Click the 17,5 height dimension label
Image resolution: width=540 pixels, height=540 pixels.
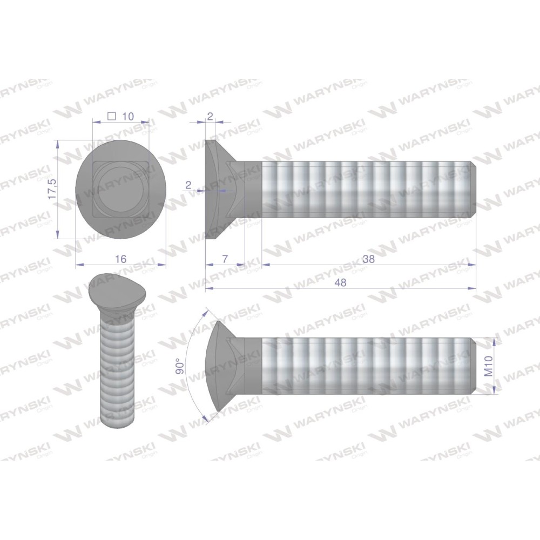(x=52, y=189)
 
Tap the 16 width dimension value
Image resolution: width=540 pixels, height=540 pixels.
(x=121, y=259)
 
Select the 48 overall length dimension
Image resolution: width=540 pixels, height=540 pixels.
(x=340, y=282)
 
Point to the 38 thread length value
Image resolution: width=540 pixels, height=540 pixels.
(x=368, y=259)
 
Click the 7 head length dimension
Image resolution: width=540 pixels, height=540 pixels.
(x=225, y=259)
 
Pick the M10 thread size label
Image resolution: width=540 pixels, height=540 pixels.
(x=489, y=366)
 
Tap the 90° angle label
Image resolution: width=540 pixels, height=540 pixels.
(x=179, y=366)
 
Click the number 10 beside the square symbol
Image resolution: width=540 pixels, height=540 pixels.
(x=128, y=117)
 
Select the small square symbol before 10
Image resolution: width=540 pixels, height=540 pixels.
(x=111, y=116)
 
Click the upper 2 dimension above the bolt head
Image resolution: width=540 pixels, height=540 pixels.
(x=211, y=116)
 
